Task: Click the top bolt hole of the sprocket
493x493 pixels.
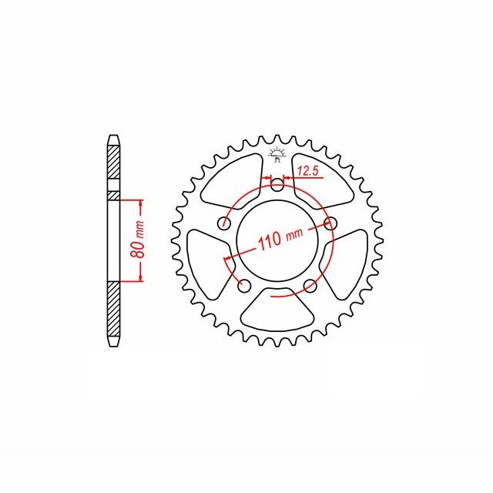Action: point(278,184)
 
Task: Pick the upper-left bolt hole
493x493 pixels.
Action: point(225,224)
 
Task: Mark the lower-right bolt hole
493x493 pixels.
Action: point(311,286)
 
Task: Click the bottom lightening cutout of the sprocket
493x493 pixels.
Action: point(278,312)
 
